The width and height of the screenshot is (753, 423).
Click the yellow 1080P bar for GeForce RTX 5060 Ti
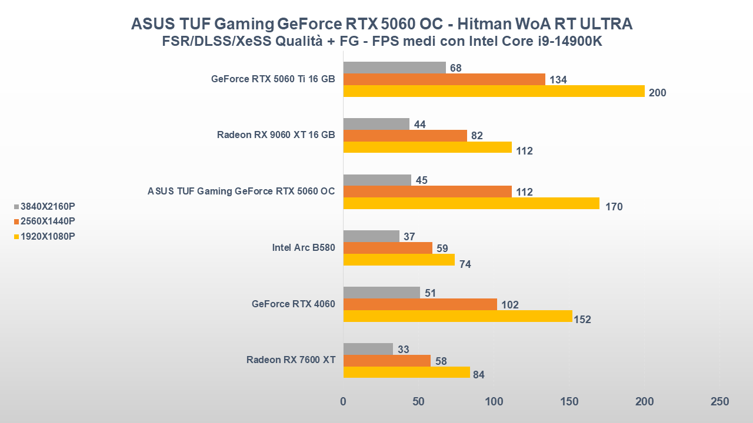pyautogui.click(x=494, y=91)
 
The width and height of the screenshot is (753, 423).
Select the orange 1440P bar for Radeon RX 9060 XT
pyautogui.click(x=405, y=136)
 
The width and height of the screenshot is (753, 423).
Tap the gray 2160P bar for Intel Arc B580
pyautogui.click(x=371, y=236)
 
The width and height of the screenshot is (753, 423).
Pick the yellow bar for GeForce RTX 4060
pyautogui.click(x=458, y=316)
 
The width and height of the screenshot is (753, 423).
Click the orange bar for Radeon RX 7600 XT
pyautogui.click(x=387, y=361)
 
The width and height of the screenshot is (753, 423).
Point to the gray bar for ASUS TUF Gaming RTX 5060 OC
pyautogui.click(x=377, y=180)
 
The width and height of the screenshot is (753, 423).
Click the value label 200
pyautogui.click(x=657, y=93)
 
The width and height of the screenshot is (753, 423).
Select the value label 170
pyautogui.click(x=614, y=207)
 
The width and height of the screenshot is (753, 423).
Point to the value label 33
pyautogui.click(x=404, y=350)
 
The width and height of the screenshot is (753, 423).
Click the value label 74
pyautogui.click(x=465, y=264)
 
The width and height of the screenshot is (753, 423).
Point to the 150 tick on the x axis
pyautogui.click(x=569, y=402)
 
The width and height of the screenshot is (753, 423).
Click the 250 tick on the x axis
pyautogui.click(x=719, y=402)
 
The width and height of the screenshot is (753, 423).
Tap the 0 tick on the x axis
pyautogui.click(x=344, y=402)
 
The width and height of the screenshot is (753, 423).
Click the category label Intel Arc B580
pyautogui.click(x=304, y=247)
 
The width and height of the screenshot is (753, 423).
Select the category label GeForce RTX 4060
pyautogui.click(x=293, y=304)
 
